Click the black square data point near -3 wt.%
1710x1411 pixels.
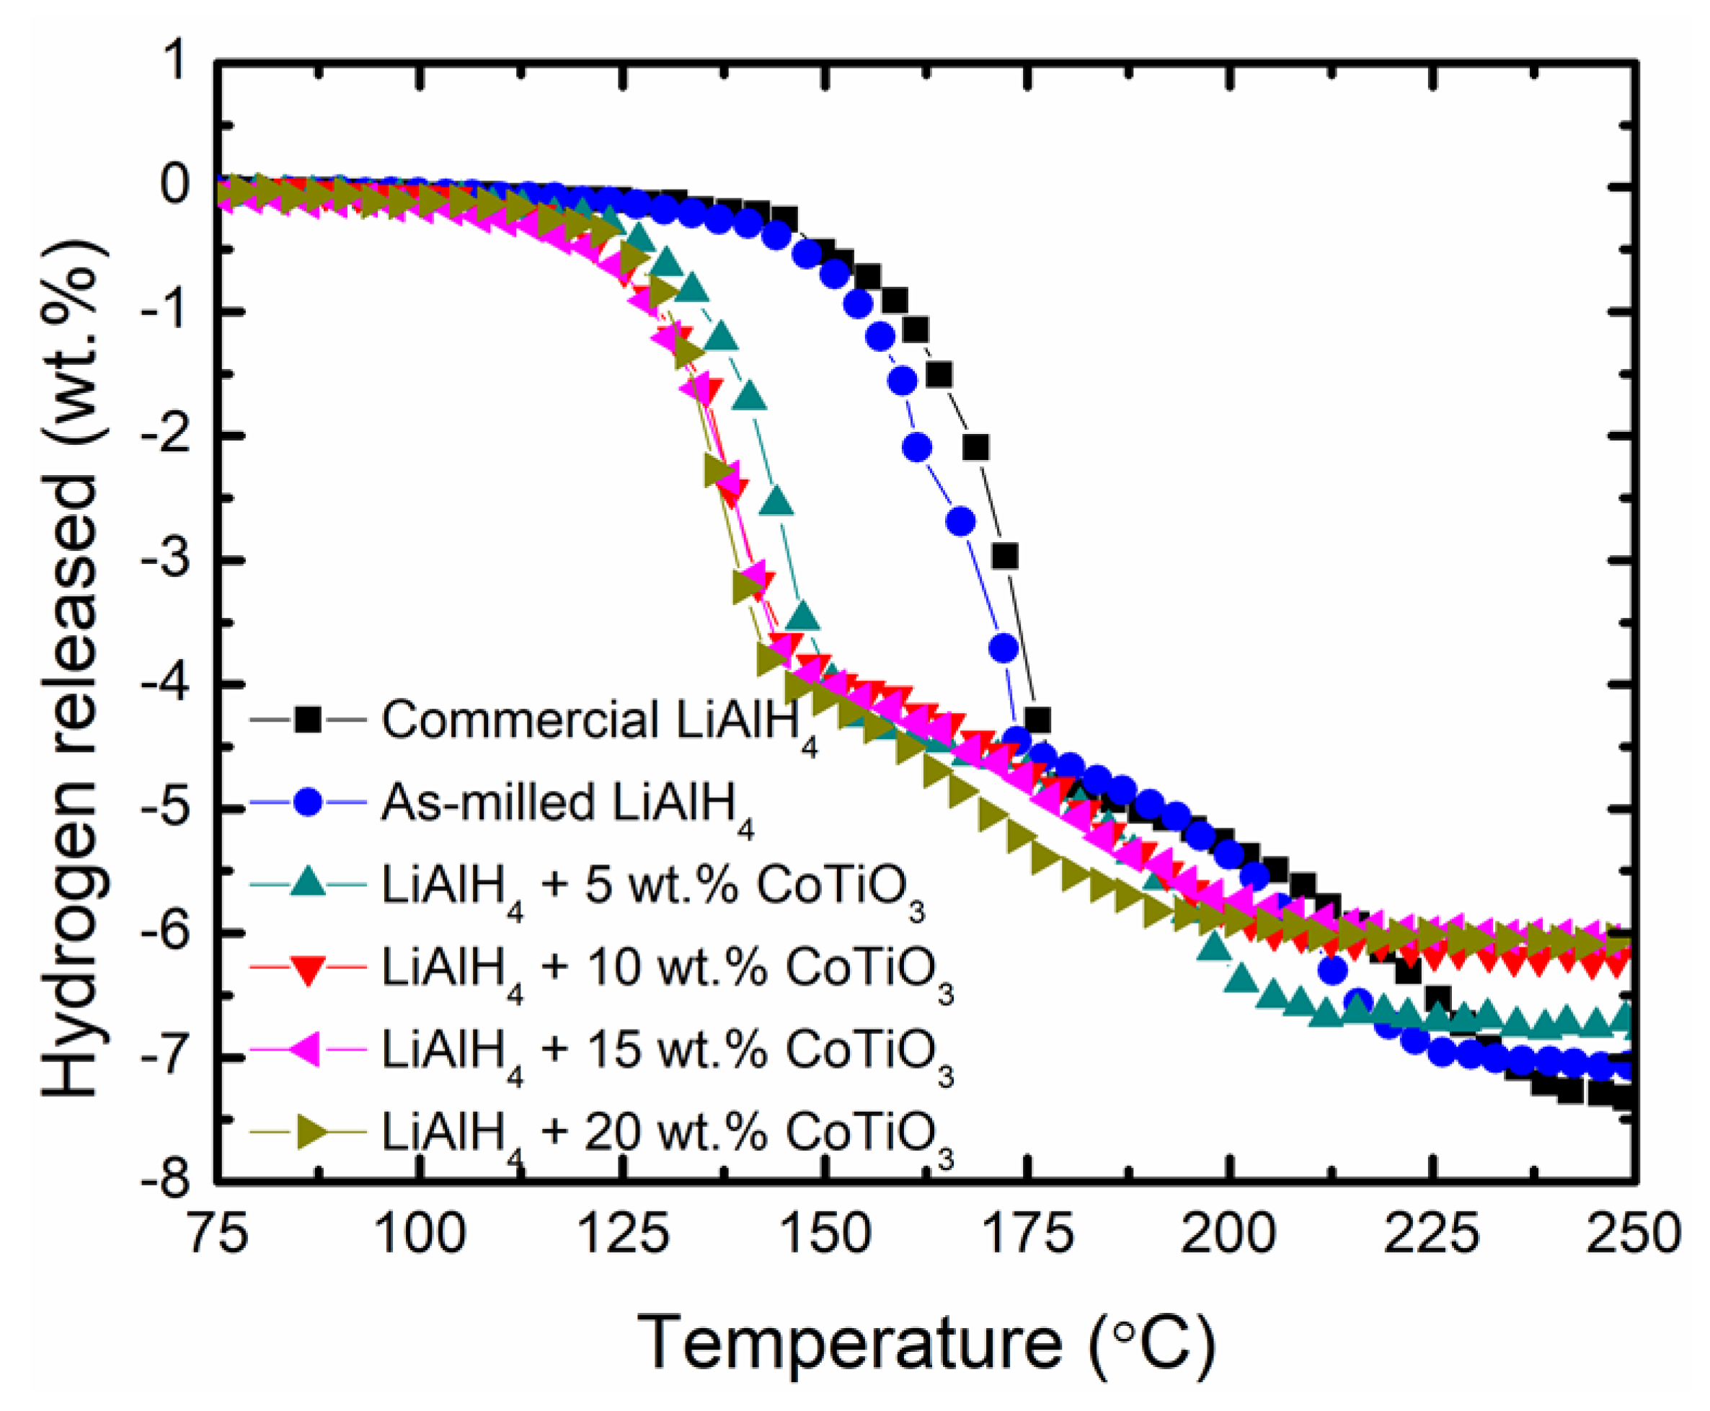tap(1006, 557)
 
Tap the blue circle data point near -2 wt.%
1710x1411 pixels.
tap(918, 447)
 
